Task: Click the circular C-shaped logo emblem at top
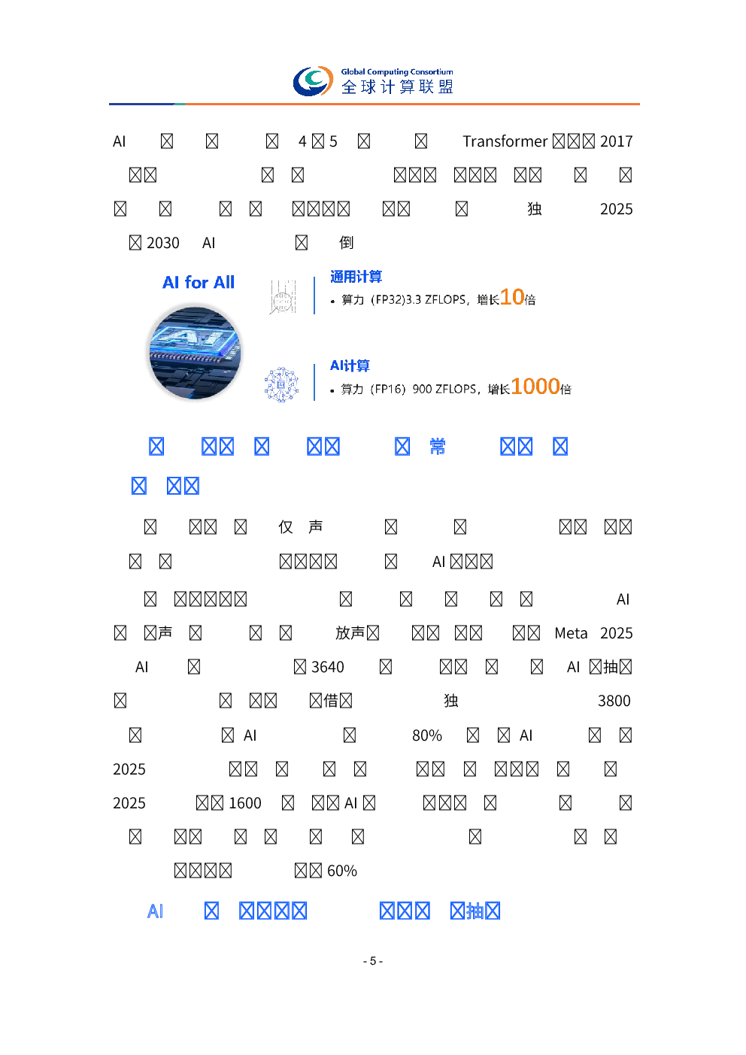click(313, 81)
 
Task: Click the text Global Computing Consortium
click(397, 72)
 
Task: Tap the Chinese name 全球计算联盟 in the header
click(397, 87)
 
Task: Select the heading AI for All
click(199, 283)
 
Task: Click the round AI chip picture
click(194, 352)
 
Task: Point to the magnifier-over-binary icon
click(283, 297)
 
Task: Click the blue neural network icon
click(281, 385)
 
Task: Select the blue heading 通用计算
click(356, 277)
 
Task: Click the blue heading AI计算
click(350, 366)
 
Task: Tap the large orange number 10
click(512, 297)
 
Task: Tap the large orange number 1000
click(535, 387)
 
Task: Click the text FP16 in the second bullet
click(388, 390)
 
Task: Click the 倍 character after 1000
click(566, 390)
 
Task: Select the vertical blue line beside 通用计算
click(314, 296)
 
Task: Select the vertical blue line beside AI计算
click(314, 383)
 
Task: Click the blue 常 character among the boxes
click(438, 447)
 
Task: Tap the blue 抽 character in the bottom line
click(475, 911)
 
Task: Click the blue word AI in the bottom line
click(155, 911)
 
